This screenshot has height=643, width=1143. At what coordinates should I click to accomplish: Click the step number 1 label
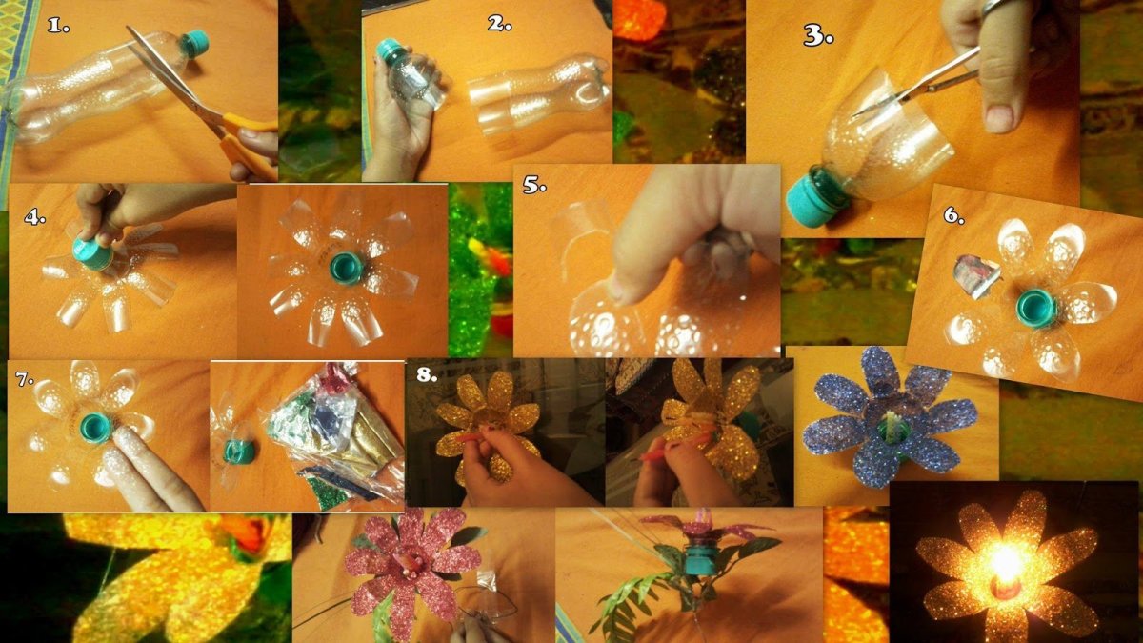tap(58, 26)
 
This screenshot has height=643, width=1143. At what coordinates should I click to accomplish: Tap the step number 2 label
tap(499, 24)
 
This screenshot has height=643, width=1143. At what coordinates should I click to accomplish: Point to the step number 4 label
tap(34, 217)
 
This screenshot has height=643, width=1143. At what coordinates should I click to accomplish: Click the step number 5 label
tap(534, 185)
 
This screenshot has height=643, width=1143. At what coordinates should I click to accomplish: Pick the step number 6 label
tap(953, 215)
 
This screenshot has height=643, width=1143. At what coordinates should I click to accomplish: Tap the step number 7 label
tap(25, 379)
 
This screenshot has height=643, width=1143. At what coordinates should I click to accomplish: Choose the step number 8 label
tap(427, 374)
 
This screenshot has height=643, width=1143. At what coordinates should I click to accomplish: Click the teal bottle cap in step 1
tap(194, 43)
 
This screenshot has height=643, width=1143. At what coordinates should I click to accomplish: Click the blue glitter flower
tap(888, 417)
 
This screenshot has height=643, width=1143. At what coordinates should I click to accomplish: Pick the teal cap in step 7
tap(97, 428)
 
